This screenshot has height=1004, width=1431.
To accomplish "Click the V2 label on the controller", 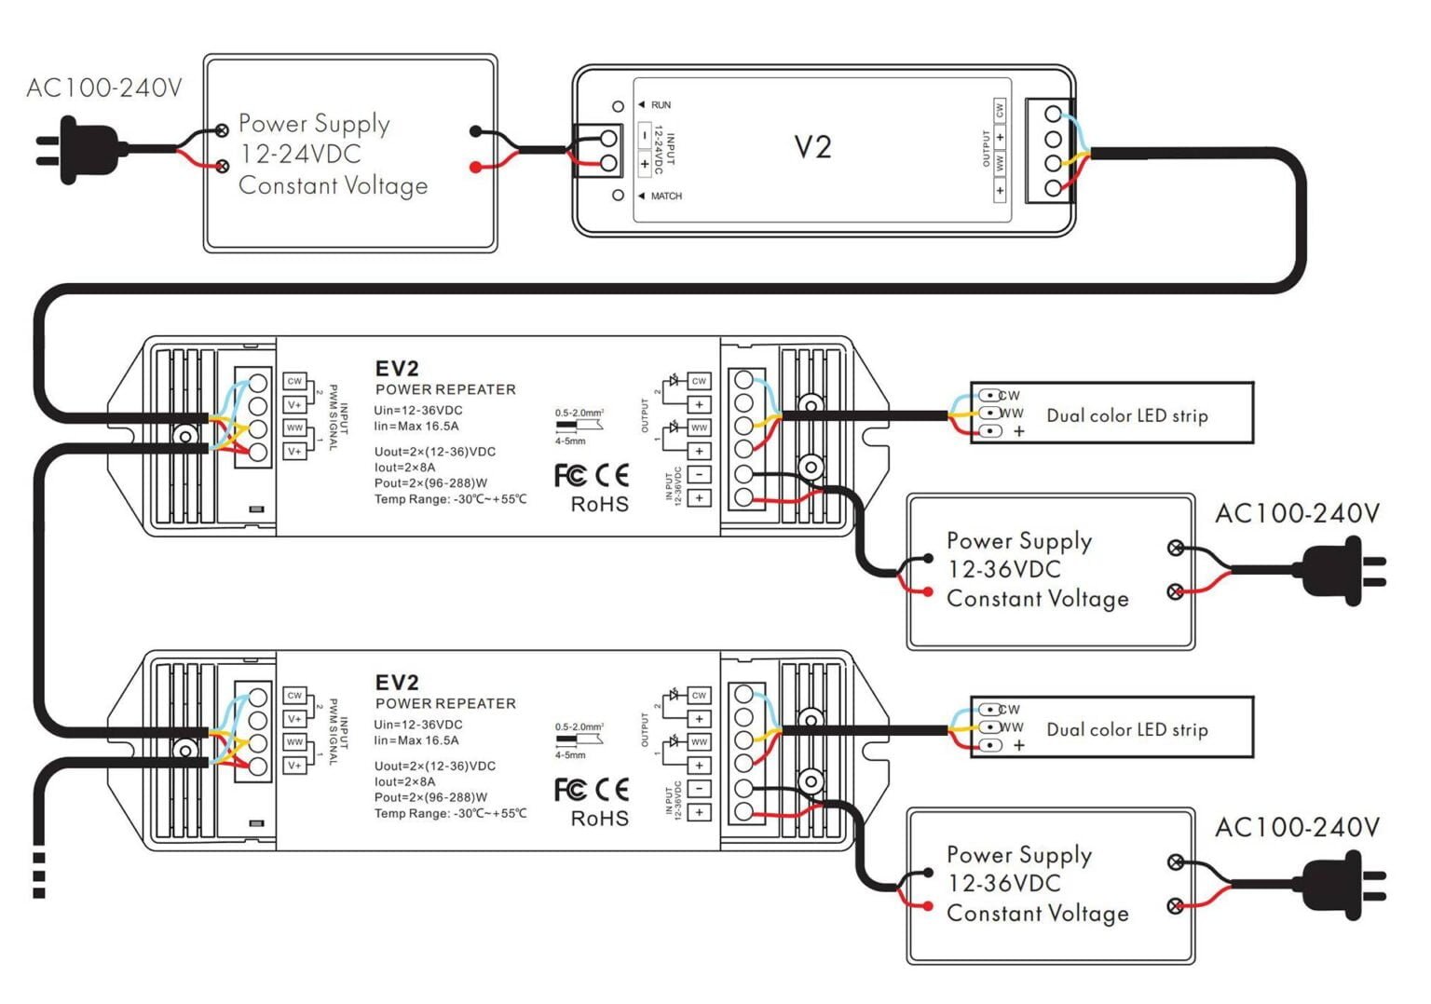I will [x=812, y=147].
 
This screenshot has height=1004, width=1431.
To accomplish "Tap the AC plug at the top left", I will [x=80, y=149].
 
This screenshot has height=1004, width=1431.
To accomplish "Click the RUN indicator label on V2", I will [x=661, y=105].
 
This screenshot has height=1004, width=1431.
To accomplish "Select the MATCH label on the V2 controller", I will [x=665, y=197].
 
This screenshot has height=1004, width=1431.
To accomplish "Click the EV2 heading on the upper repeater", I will [x=397, y=369].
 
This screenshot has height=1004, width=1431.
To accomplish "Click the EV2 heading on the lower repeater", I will [x=397, y=683].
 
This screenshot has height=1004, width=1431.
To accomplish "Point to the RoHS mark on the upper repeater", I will [x=599, y=505].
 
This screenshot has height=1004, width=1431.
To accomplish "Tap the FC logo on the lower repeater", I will [x=570, y=790].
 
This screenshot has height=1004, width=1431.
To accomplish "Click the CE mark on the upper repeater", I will [x=612, y=476].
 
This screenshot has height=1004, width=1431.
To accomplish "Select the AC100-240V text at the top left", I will [x=104, y=88].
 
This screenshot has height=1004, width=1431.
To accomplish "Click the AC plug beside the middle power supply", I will [x=1340, y=571].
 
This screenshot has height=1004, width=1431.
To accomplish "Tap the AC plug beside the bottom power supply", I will [x=1340, y=885].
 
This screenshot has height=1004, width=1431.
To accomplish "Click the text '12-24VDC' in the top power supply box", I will [x=300, y=155].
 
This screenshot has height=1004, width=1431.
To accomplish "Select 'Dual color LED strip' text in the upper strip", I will [x=1126, y=415].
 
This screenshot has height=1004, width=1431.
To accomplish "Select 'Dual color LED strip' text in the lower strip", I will [x=1126, y=729].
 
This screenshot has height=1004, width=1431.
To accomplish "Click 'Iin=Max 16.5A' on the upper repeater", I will [x=416, y=427].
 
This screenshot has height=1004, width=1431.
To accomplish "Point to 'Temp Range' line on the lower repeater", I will [x=450, y=814].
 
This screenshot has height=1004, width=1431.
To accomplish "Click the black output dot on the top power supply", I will [x=476, y=131].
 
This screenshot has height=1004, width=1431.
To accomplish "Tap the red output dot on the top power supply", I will [x=476, y=168].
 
